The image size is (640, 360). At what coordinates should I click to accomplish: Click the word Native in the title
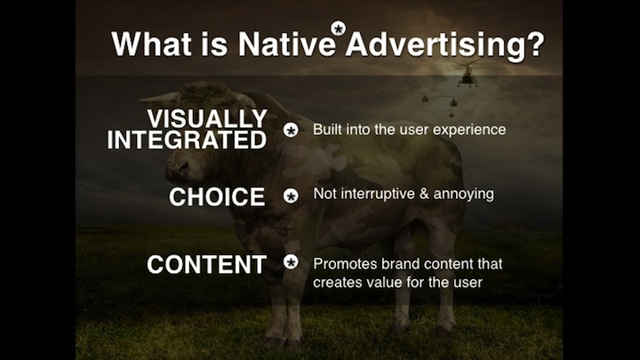click(x=286, y=44)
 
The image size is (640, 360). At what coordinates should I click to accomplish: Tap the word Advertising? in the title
click(x=445, y=46)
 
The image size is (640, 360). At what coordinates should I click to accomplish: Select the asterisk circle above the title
click(x=339, y=28)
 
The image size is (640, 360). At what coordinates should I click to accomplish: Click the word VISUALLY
click(x=207, y=119)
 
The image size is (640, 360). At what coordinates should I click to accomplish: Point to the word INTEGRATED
click(x=187, y=140)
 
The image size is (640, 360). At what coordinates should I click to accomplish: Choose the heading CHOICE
click(x=217, y=196)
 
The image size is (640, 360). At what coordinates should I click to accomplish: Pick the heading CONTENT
click(x=206, y=265)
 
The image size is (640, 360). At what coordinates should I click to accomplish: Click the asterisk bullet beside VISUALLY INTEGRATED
click(x=291, y=131)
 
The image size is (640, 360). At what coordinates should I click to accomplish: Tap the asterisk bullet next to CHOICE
click(x=291, y=196)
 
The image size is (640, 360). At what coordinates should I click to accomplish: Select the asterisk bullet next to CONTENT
click(x=291, y=262)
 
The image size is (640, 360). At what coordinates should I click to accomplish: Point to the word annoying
click(x=464, y=195)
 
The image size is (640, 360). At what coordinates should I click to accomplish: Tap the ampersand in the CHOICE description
click(x=424, y=194)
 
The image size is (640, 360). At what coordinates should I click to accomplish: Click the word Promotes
click(x=345, y=264)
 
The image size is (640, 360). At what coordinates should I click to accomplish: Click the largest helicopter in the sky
click(x=468, y=74)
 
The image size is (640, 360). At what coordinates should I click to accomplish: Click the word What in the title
click(x=151, y=44)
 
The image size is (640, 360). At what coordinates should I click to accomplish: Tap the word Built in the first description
click(x=327, y=130)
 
